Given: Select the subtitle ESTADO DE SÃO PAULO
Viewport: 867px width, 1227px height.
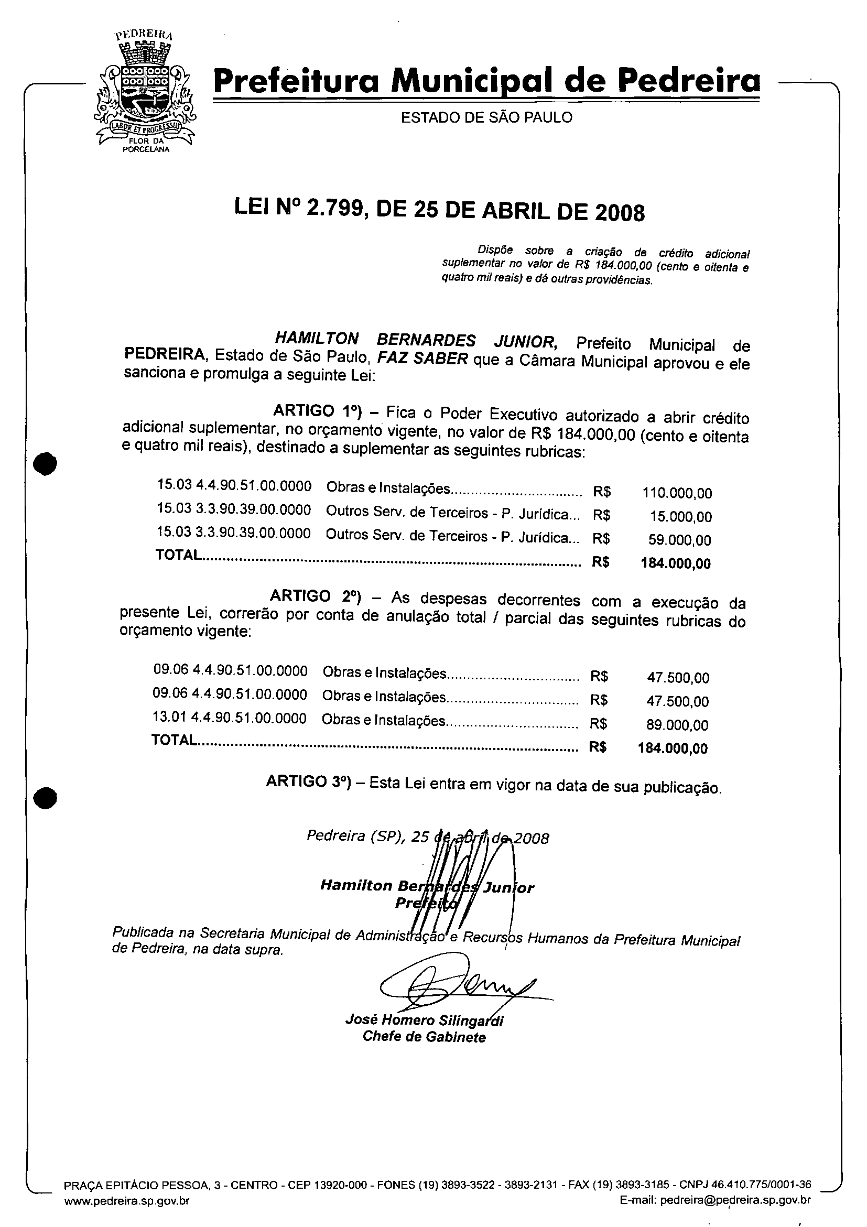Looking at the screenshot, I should coord(486,117).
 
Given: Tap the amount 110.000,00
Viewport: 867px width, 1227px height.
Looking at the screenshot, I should coord(677,493).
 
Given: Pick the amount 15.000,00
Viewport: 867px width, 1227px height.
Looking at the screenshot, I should coord(680,516).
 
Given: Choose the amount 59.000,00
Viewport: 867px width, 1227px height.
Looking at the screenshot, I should coord(679,540).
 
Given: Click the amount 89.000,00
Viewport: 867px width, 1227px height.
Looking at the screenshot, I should coord(677,725).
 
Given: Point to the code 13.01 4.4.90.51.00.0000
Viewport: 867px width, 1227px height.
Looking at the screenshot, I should coord(229,718).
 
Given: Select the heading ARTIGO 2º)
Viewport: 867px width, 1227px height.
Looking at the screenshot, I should coord(316,596).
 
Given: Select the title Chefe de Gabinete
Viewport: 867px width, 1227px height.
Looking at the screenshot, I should coord(424,1037).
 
